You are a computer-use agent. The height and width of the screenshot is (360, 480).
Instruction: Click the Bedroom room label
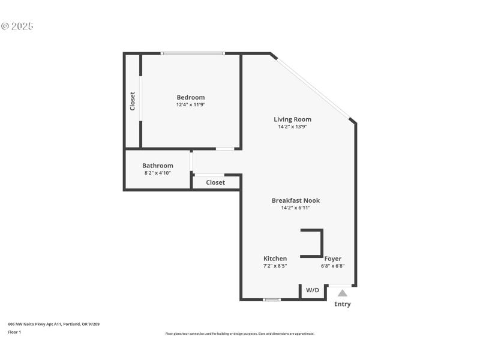pyautogui.click(x=190, y=97)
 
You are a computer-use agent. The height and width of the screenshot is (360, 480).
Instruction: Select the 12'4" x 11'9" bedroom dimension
pyautogui.click(x=190, y=105)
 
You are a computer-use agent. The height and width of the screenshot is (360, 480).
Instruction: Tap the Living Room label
pyautogui.click(x=292, y=119)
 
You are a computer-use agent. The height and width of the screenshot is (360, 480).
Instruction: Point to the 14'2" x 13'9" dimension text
pyautogui.click(x=292, y=127)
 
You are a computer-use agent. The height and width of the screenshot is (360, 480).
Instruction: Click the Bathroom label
pyautogui.click(x=157, y=166)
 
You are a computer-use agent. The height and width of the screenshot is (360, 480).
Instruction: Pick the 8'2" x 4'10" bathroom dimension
pyautogui.click(x=157, y=173)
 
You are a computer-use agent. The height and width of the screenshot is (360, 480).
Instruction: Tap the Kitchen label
pyautogui.click(x=275, y=259)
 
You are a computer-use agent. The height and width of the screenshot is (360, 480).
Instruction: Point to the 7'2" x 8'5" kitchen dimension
pyautogui.click(x=275, y=266)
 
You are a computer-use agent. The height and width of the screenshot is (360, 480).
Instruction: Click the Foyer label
pyautogui.click(x=332, y=259)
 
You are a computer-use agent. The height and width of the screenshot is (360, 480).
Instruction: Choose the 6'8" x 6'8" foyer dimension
pyautogui.click(x=332, y=266)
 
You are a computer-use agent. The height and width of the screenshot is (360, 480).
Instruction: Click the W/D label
pyautogui.click(x=313, y=290)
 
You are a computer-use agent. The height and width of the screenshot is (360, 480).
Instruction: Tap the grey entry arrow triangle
pyautogui.click(x=342, y=293)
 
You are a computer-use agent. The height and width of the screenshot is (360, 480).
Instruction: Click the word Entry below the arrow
pyautogui.click(x=342, y=304)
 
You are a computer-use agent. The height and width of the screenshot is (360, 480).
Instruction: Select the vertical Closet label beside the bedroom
pyautogui.click(x=133, y=101)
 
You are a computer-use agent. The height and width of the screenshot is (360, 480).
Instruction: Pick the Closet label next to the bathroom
pyautogui.click(x=215, y=182)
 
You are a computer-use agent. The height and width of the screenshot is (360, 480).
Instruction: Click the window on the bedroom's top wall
pyautogui.click(x=193, y=53)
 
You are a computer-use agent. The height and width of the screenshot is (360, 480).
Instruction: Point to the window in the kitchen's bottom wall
pyautogui.click(x=272, y=299)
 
